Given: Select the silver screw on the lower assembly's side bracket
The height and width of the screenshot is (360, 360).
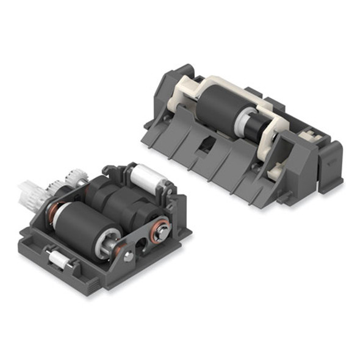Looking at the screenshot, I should coord(129,256).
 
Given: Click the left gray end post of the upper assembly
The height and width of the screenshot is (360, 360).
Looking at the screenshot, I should coord(164,85).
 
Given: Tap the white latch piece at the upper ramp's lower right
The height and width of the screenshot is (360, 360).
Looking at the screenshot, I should coord(271,175).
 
